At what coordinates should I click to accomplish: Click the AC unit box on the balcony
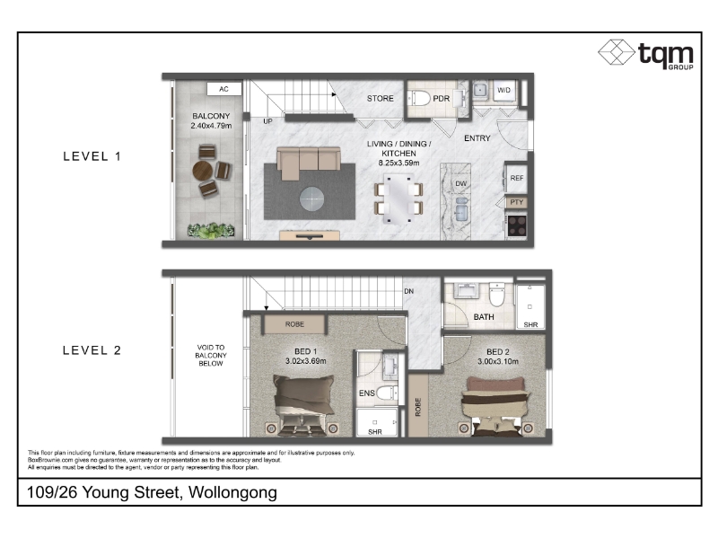pos(223,89)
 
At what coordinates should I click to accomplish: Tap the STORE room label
pos(380,99)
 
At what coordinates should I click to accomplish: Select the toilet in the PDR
pos(421,98)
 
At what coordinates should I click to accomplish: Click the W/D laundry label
pos(503,91)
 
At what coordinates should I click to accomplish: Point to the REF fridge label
pos(517,178)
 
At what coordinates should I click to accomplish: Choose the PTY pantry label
pos(517,202)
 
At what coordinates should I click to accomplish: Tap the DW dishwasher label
pos(461,184)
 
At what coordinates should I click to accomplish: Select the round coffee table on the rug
pos(311,199)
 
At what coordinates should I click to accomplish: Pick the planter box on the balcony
pos(211,231)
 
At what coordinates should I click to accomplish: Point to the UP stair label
pos(267,121)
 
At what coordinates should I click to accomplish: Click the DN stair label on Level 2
pos(409,291)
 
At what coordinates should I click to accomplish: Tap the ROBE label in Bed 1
pos(294,324)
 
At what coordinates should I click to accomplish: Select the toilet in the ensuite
pos(387,393)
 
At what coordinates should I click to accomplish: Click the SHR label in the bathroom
pos(530,324)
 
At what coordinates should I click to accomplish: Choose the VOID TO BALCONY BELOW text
pos(211,355)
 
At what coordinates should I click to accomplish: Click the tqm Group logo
pos(645,54)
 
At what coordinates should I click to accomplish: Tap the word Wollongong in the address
pos(232,492)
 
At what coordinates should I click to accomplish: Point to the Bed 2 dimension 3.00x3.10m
pos(498,361)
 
